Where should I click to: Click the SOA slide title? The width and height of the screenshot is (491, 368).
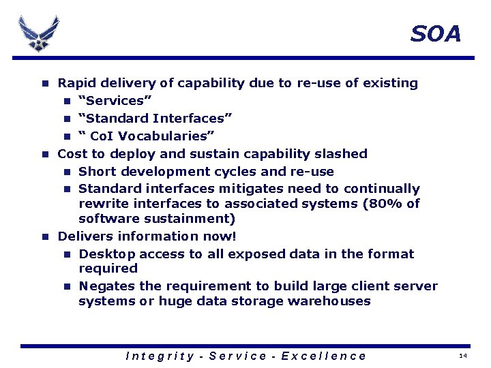point(436,33)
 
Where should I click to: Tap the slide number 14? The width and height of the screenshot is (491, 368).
point(463,356)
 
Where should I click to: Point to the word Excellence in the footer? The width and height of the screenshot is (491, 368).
point(323,356)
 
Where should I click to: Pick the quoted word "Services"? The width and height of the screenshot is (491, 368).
point(110,101)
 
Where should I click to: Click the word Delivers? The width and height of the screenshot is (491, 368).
point(86,236)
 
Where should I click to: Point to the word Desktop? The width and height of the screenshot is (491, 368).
point(105,254)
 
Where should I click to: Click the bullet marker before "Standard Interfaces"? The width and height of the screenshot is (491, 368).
point(68,119)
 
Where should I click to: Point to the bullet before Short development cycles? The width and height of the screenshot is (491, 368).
point(68,172)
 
